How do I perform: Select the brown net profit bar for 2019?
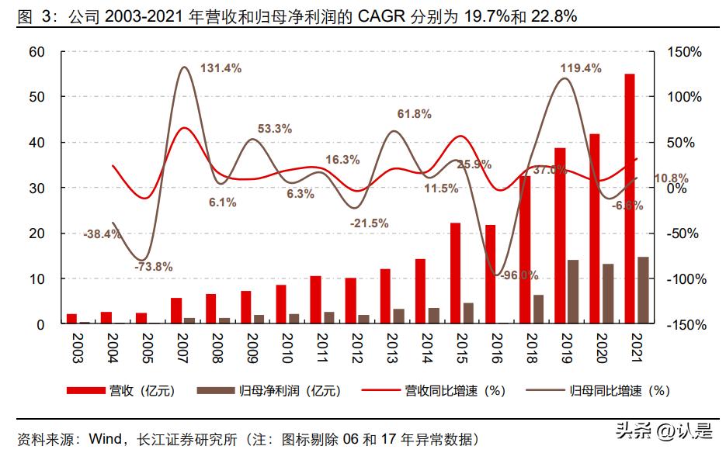(x=573, y=292)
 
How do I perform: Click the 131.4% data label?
(x=221, y=68)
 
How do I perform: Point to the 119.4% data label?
(x=581, y=68)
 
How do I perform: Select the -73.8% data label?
(x=153, y=266)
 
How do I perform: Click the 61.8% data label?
(x=414, y=114)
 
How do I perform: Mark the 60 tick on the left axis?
(x=36, y=52)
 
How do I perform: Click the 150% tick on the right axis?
(x=684, y=52)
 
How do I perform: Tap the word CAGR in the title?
(x=384, y=16)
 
